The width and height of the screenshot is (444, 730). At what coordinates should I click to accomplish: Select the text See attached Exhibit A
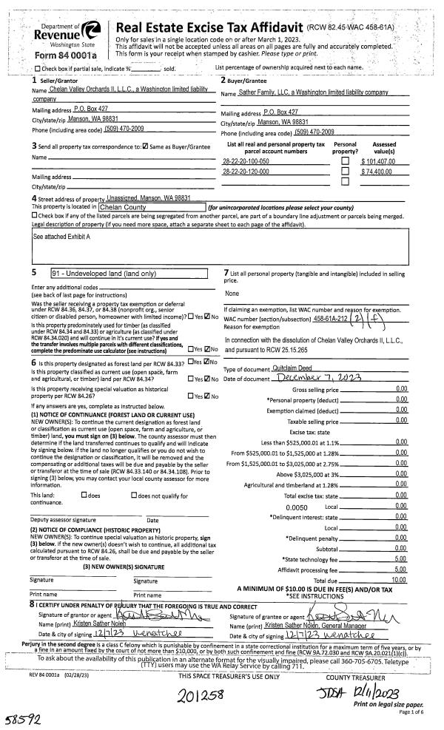point(62,237)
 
